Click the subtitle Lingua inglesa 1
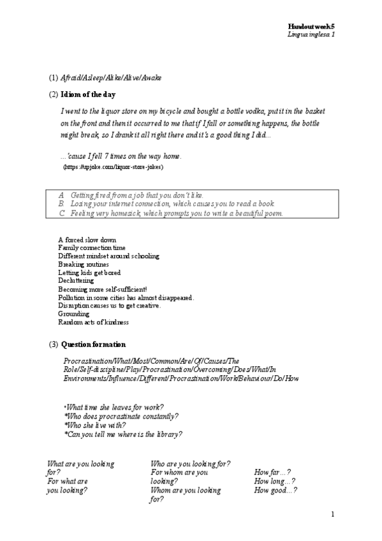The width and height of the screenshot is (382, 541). (312, 33)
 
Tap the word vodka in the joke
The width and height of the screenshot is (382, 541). (231, 110)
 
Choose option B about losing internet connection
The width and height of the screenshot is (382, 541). (166, 204)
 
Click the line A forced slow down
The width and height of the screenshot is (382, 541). (87, 240)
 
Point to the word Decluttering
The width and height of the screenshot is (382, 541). (76, 281)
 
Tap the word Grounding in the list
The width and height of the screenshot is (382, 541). (73, 314)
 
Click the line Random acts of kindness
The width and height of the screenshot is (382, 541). (93, 322)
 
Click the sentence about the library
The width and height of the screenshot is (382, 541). (124, 434)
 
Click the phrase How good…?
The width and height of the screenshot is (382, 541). (275, 491)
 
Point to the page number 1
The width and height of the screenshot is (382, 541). (333, 514)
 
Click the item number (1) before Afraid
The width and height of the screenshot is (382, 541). (54, 78)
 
